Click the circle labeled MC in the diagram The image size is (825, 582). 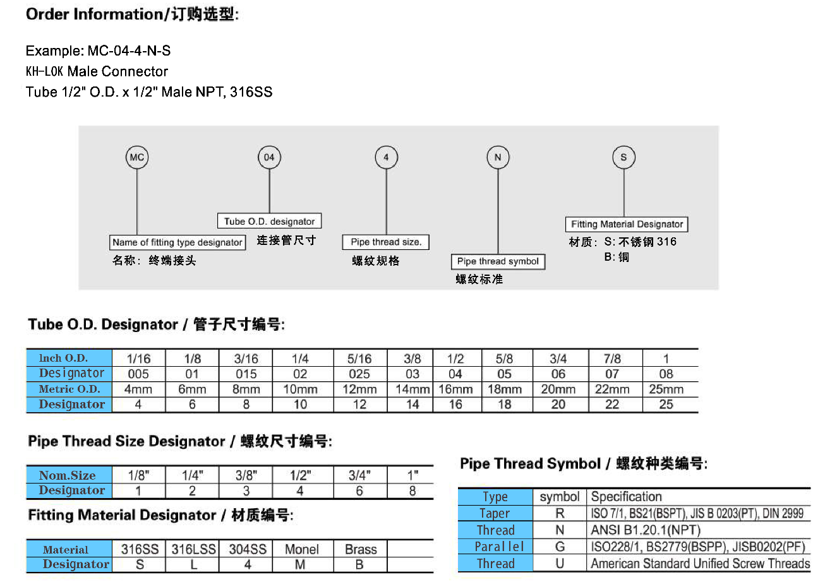(x=136, y=157)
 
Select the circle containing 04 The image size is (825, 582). (x=269, y=157)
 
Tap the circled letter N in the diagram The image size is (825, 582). (x=498, y=157)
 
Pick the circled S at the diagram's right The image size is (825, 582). (x=623, y=157)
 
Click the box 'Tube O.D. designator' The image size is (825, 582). (x=270, y=221)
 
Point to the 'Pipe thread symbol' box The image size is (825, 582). (x=498, y=261)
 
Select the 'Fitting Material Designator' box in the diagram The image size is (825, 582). (x=627, y=224)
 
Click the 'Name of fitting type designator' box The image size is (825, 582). (x=178, y=242)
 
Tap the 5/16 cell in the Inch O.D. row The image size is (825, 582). (x=359, y=358)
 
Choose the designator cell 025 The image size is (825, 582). (x=359, y=374)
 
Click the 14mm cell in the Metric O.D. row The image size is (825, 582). (x=412, y=389)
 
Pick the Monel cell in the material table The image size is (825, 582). (x=301, y=549)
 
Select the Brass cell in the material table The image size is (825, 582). (x=360, y=549)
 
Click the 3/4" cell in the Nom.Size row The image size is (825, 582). (x=359, y=475)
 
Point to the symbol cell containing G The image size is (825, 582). (x=560, y=547)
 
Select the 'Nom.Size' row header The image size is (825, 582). (x=68, y=475)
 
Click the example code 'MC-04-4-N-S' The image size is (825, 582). (x=129, y=50)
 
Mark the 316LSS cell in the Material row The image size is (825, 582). (x=193, y=549)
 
